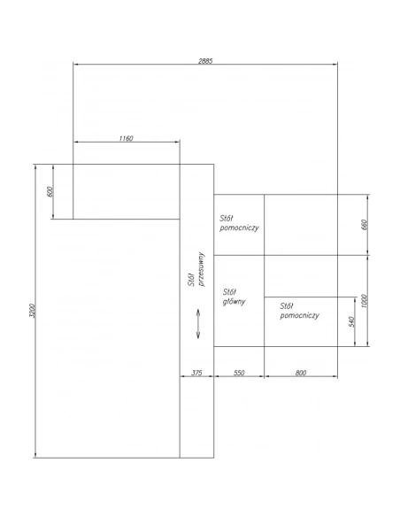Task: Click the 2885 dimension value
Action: click(x=205, y=61)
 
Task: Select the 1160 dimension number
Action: click(x=126, y=138)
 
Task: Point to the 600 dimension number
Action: click(x=50, y=191)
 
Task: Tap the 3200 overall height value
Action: click(x=32, y=311)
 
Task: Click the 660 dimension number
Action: click(x=364, y=225)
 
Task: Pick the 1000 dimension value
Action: click(x=364, y=301)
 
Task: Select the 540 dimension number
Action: click(x=351, y=322)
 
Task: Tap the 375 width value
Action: click(x=196, y=373)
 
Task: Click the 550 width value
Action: click(x=239, y=373)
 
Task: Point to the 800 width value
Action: click(x=301, y=373)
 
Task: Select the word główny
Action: click(x=234, y=301)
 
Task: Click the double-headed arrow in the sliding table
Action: click(x=198, y=323)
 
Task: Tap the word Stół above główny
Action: click(x=229, y=292)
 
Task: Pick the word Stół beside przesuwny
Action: click(x=192, y=280)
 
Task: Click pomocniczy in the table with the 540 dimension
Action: click(x=299, y=315)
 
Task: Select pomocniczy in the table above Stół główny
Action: click(x=239, y=228)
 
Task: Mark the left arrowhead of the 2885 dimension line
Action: click(x=75, y=65)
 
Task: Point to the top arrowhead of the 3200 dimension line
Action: click(x=35, y=166)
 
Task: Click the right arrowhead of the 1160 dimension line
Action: click(x=177, y=142)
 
